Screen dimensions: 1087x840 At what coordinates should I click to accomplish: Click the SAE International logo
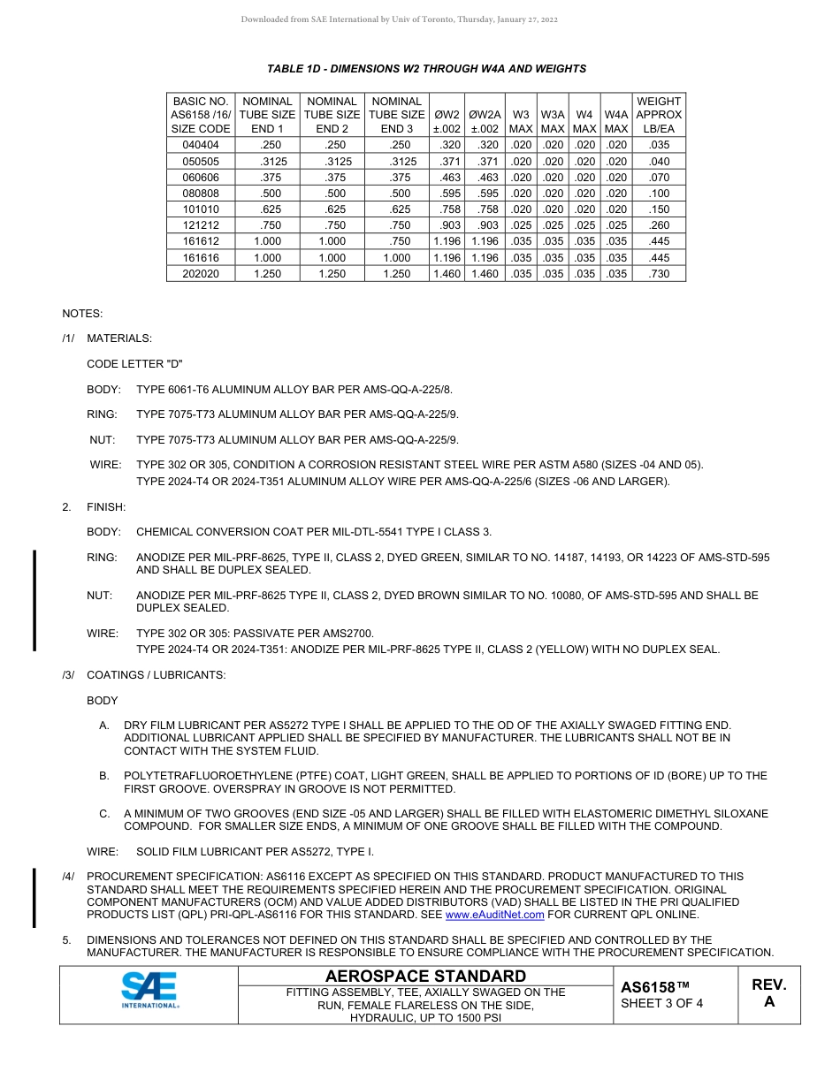coord(149,990)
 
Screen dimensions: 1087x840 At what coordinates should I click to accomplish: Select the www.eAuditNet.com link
coord(494,915)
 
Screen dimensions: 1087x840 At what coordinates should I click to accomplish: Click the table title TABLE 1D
coord(426,69)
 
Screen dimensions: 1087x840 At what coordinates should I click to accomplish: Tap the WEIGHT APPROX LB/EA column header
coord(659,115)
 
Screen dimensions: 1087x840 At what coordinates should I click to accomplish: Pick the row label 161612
coord(201,241)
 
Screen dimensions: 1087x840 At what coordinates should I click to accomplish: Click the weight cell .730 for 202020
coord(659,274)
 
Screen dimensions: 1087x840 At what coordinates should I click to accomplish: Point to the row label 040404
coord(201,145)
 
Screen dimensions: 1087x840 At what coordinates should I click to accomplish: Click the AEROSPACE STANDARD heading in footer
coord(425,976)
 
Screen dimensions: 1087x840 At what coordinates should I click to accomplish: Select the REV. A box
coord(768,993)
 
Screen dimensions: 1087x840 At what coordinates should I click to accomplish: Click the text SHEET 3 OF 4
coord(661,1003)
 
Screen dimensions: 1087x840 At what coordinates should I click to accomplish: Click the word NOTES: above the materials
coord(82,314)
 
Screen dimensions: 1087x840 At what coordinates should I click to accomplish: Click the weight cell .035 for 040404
coord(659,145)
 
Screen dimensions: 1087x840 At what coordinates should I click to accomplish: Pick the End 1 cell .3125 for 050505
coord(268,162)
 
